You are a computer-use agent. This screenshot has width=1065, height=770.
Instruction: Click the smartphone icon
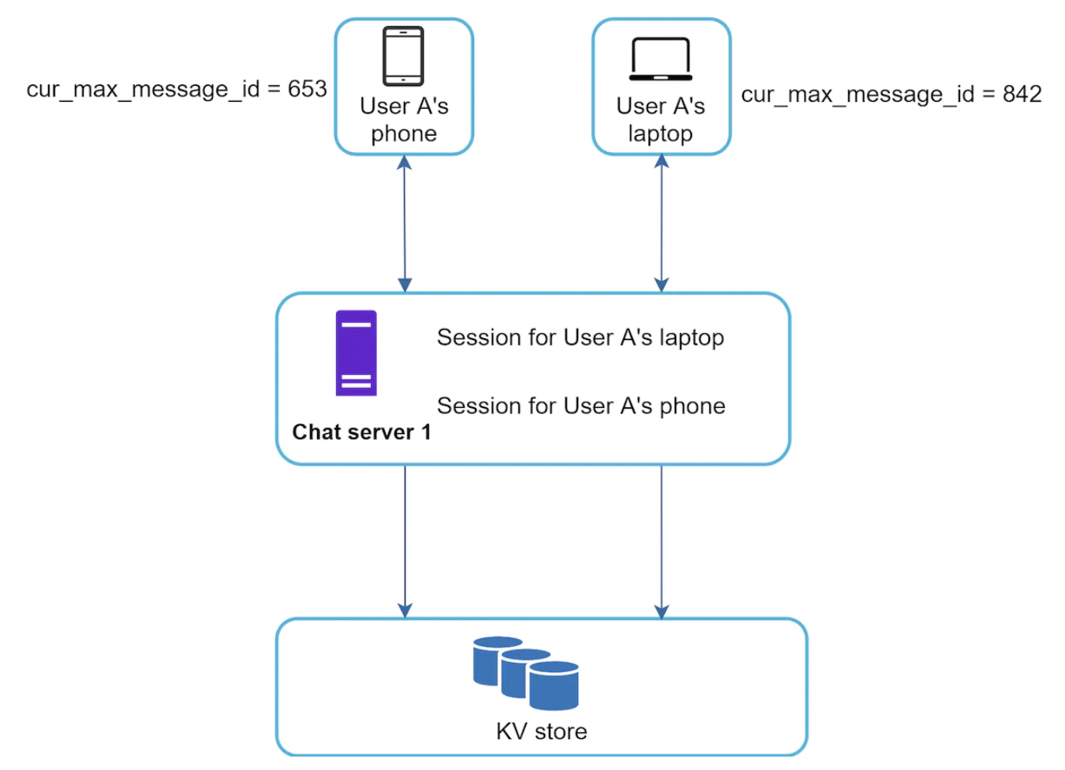click(x=403, y=56)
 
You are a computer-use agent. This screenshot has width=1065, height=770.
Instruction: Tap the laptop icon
click(x=660, y=59)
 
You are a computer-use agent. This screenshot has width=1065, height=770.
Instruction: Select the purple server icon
click(x=356, y=353)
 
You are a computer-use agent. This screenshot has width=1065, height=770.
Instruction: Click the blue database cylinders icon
click(x=526, y=673)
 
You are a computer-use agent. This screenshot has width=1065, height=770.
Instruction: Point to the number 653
click(x=307, y=89)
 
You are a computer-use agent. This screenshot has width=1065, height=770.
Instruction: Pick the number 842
click(x=1022, y=95)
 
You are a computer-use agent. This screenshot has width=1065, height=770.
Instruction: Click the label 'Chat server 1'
click(x=361, y=432)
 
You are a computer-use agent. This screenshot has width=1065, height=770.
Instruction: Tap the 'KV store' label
click(x=541, y=731)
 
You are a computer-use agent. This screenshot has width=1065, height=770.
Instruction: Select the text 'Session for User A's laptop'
click(x=580, y=338)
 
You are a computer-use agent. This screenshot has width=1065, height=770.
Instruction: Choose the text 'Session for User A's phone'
click(x=581, y=406)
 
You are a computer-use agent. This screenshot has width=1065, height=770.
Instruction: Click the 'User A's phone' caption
click(x=404, y=120)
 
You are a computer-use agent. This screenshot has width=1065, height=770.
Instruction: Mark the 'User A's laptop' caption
click(x=660, y=120)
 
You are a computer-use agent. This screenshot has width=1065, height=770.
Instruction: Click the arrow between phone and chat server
click(x=405, y=224)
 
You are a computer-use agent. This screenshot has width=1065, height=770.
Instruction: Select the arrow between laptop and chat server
click(x=661, y=224)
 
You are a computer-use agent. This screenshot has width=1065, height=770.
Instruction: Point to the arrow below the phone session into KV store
click(x=405, y=541)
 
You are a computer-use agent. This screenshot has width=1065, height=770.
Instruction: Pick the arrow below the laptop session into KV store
click(x=661, y=541)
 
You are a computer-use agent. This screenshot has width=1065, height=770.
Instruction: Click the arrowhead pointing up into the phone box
click(x=404, y=163)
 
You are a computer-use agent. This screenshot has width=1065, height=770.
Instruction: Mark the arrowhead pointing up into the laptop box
click(x=661, y=162)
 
